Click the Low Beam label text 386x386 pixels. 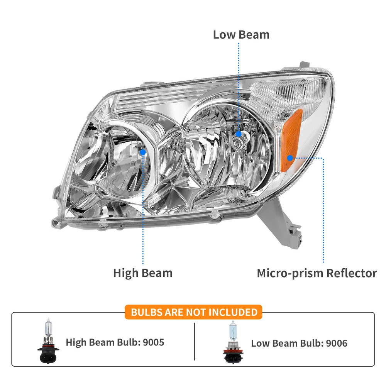coord(241,34)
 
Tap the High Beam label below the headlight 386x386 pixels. coord(142,273)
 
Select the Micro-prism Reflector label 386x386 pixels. coord(317,273)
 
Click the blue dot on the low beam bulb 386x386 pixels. coord(239,134)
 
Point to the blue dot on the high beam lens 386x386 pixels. coord(143,152)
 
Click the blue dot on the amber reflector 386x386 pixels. coord(290,157)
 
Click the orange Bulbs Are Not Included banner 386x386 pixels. coord(193,312)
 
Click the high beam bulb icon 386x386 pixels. coord(48,340)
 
